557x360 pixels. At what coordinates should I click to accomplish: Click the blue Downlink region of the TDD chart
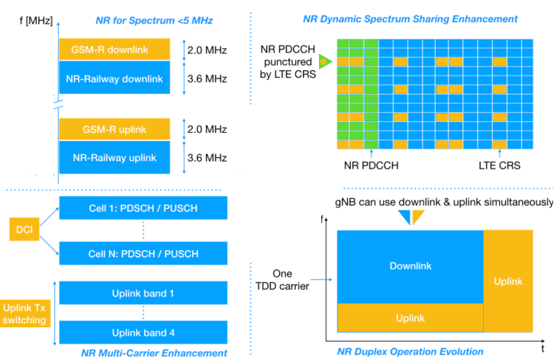pyautogui.click(x=411, y=266)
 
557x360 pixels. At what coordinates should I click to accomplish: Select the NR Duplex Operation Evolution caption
pyautogui.click(x=410, y=352)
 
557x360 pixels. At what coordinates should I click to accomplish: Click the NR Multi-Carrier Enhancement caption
pyautogui.click(x=153, y=352)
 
